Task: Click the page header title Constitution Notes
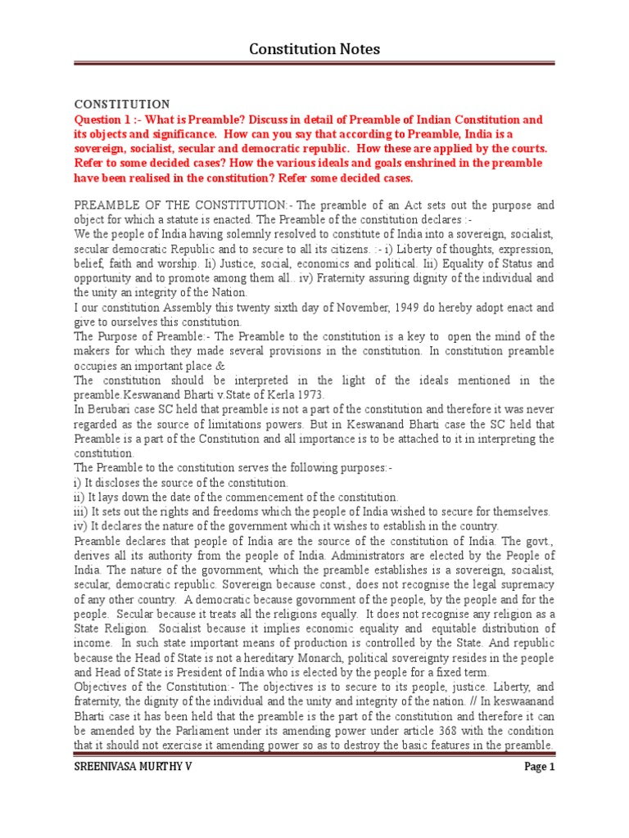click(314, 50)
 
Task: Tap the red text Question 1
click(104, 119)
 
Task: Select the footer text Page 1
click(540, 767)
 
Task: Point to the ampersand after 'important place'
click(219, 365)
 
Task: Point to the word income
click(93, 643)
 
